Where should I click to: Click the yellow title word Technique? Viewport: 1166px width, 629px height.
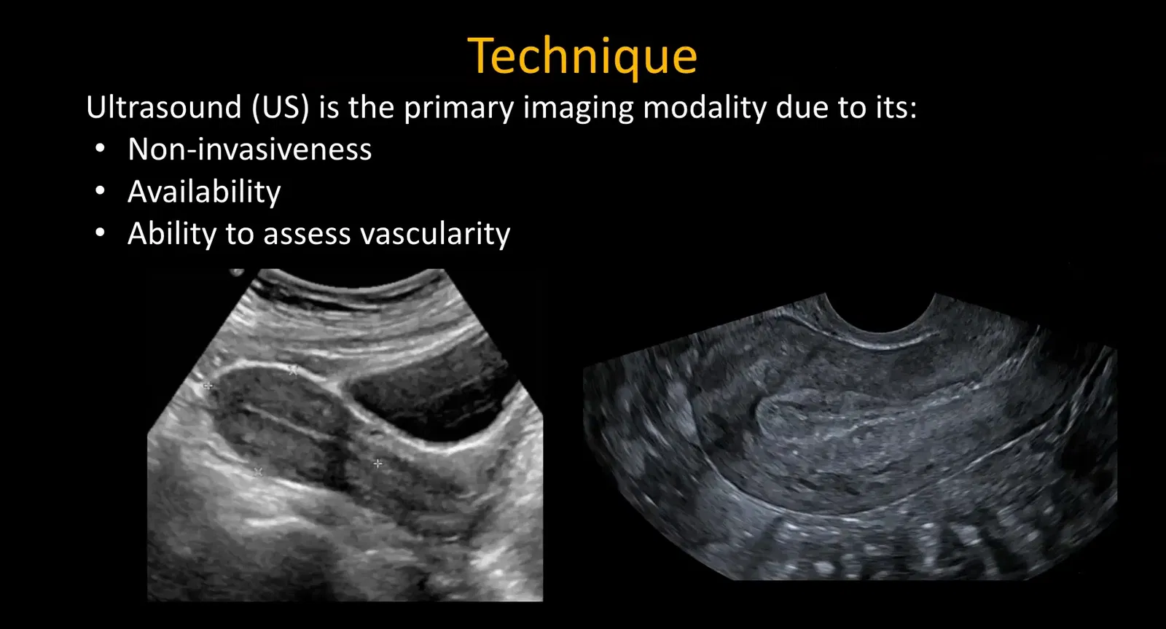pos(582,56)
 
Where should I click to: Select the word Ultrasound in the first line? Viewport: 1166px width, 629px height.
pos(163,108)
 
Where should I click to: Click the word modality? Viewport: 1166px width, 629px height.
pos(705,108)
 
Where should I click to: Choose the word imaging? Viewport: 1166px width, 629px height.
pos(579,109)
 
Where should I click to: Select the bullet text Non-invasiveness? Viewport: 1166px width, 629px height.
pos(249,149)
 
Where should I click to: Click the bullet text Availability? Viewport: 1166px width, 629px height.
pos(204,192)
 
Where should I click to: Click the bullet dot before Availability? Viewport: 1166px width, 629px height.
pos(101,192)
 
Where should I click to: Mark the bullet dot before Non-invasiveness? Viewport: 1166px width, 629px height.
pos(101,149)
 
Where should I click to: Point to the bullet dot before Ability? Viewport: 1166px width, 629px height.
pos(101,233)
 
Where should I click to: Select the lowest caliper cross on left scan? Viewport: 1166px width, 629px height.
pos(257,472)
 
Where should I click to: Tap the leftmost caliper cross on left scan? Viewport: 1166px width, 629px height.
pos(208,386)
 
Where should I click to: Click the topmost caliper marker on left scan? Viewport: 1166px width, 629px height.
pos(293,370)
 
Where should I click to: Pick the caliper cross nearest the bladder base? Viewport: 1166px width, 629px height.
pos(377,463)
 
